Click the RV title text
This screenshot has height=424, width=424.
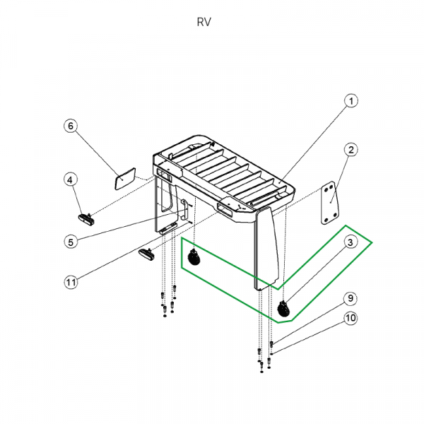[204, 22]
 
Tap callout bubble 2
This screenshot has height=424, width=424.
[351, 149]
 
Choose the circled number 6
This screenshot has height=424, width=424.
[70, 126]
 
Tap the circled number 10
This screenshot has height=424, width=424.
[351, 319]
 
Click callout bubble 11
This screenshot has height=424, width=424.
[70, 283]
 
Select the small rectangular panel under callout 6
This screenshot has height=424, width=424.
[126, 177]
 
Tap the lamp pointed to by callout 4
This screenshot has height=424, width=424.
[86, 216]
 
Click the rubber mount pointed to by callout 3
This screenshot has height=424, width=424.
[285, 308]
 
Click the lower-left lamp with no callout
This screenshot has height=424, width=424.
[147, 253]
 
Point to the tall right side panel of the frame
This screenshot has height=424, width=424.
[268, 247]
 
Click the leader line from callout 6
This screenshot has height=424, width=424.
[96, 150]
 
